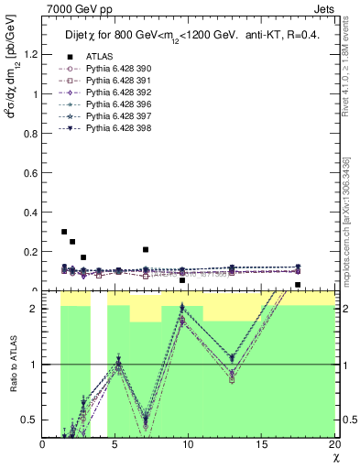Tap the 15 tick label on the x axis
(262, 444)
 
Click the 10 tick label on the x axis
(189, 444)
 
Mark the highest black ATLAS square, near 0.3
(63, 232)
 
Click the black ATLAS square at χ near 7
(146, 249)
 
